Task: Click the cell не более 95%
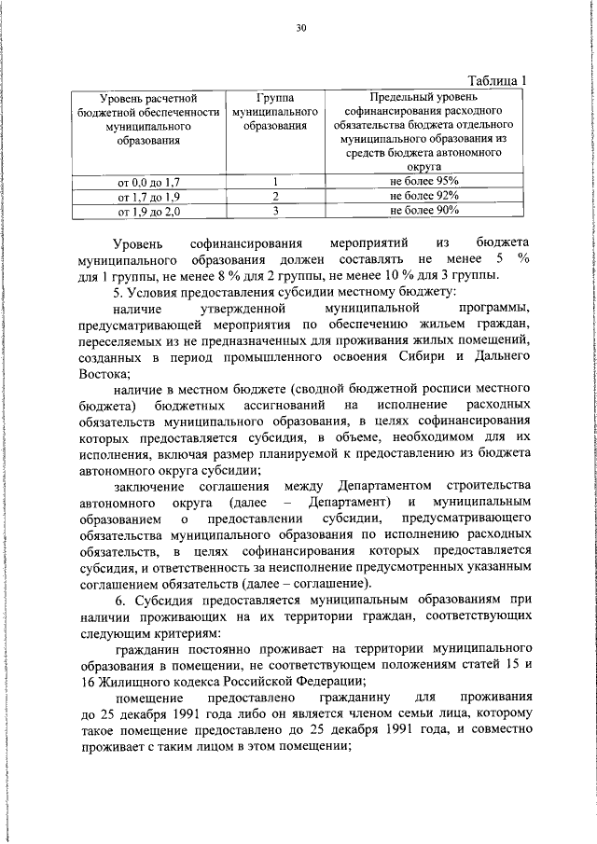[424, 182]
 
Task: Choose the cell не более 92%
[424, 197]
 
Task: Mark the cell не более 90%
[424, 212]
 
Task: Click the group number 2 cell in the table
[275, 197]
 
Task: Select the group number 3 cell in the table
[275, 212]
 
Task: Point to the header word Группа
[274, 97]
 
